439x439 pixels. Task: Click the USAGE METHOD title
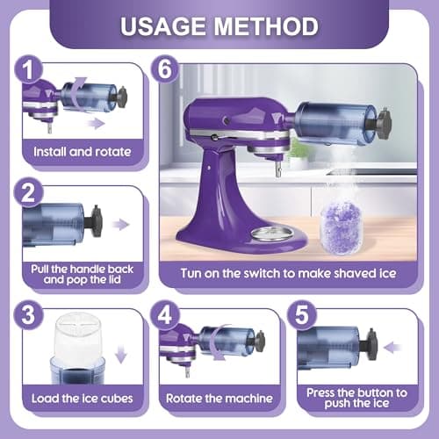[x=219, y=25]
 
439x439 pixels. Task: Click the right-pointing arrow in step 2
[x=120, y=225]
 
